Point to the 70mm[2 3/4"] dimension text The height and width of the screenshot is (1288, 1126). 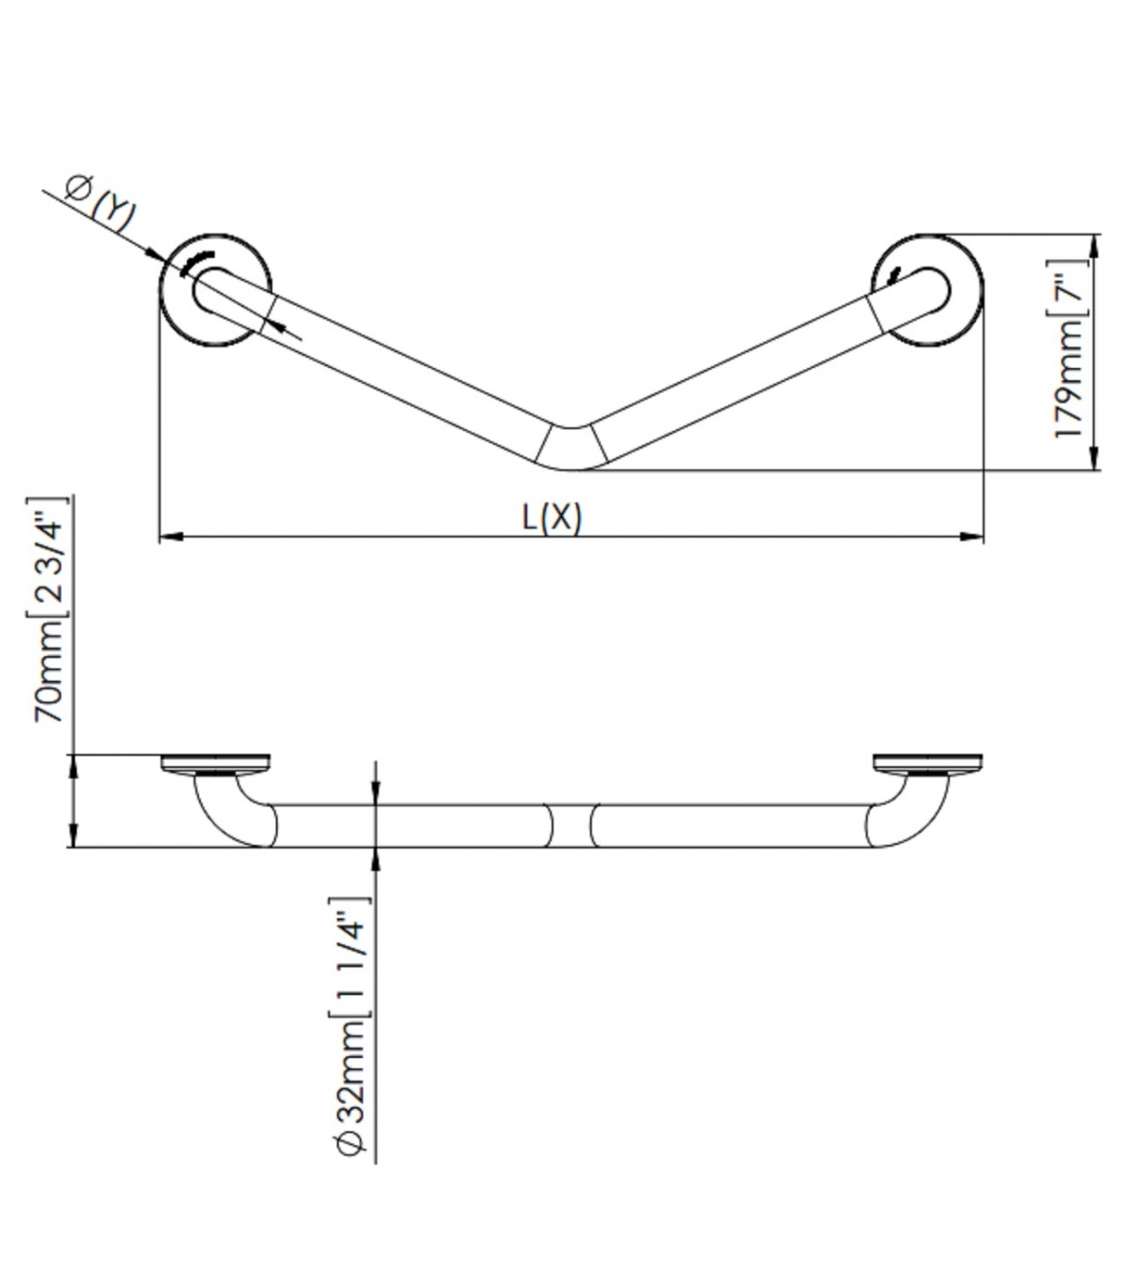coord(49,609)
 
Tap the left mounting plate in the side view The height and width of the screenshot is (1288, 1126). coord(216,763)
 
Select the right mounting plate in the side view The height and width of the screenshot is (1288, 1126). coord(928,763)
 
